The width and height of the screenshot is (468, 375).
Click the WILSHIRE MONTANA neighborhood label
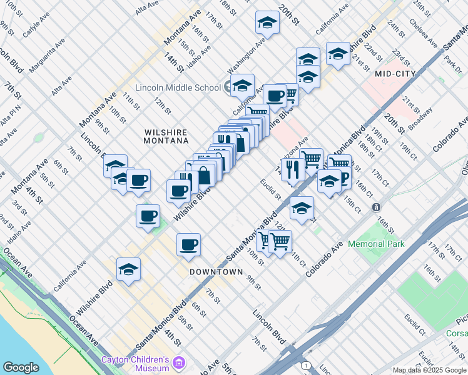166,137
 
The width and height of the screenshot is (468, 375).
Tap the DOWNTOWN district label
216,272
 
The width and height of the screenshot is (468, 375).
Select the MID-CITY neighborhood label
395,74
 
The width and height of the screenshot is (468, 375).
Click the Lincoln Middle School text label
178,87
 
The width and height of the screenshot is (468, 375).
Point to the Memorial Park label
376,244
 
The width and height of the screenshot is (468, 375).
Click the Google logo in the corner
21,367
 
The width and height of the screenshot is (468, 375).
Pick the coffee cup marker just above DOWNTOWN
188,244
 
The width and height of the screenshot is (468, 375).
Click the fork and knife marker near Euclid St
293,169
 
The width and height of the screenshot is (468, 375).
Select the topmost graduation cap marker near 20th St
267,22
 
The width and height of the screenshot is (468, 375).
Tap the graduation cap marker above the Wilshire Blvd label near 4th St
128,269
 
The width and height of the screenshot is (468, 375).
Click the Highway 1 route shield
306,365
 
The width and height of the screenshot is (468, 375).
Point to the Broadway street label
420,117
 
